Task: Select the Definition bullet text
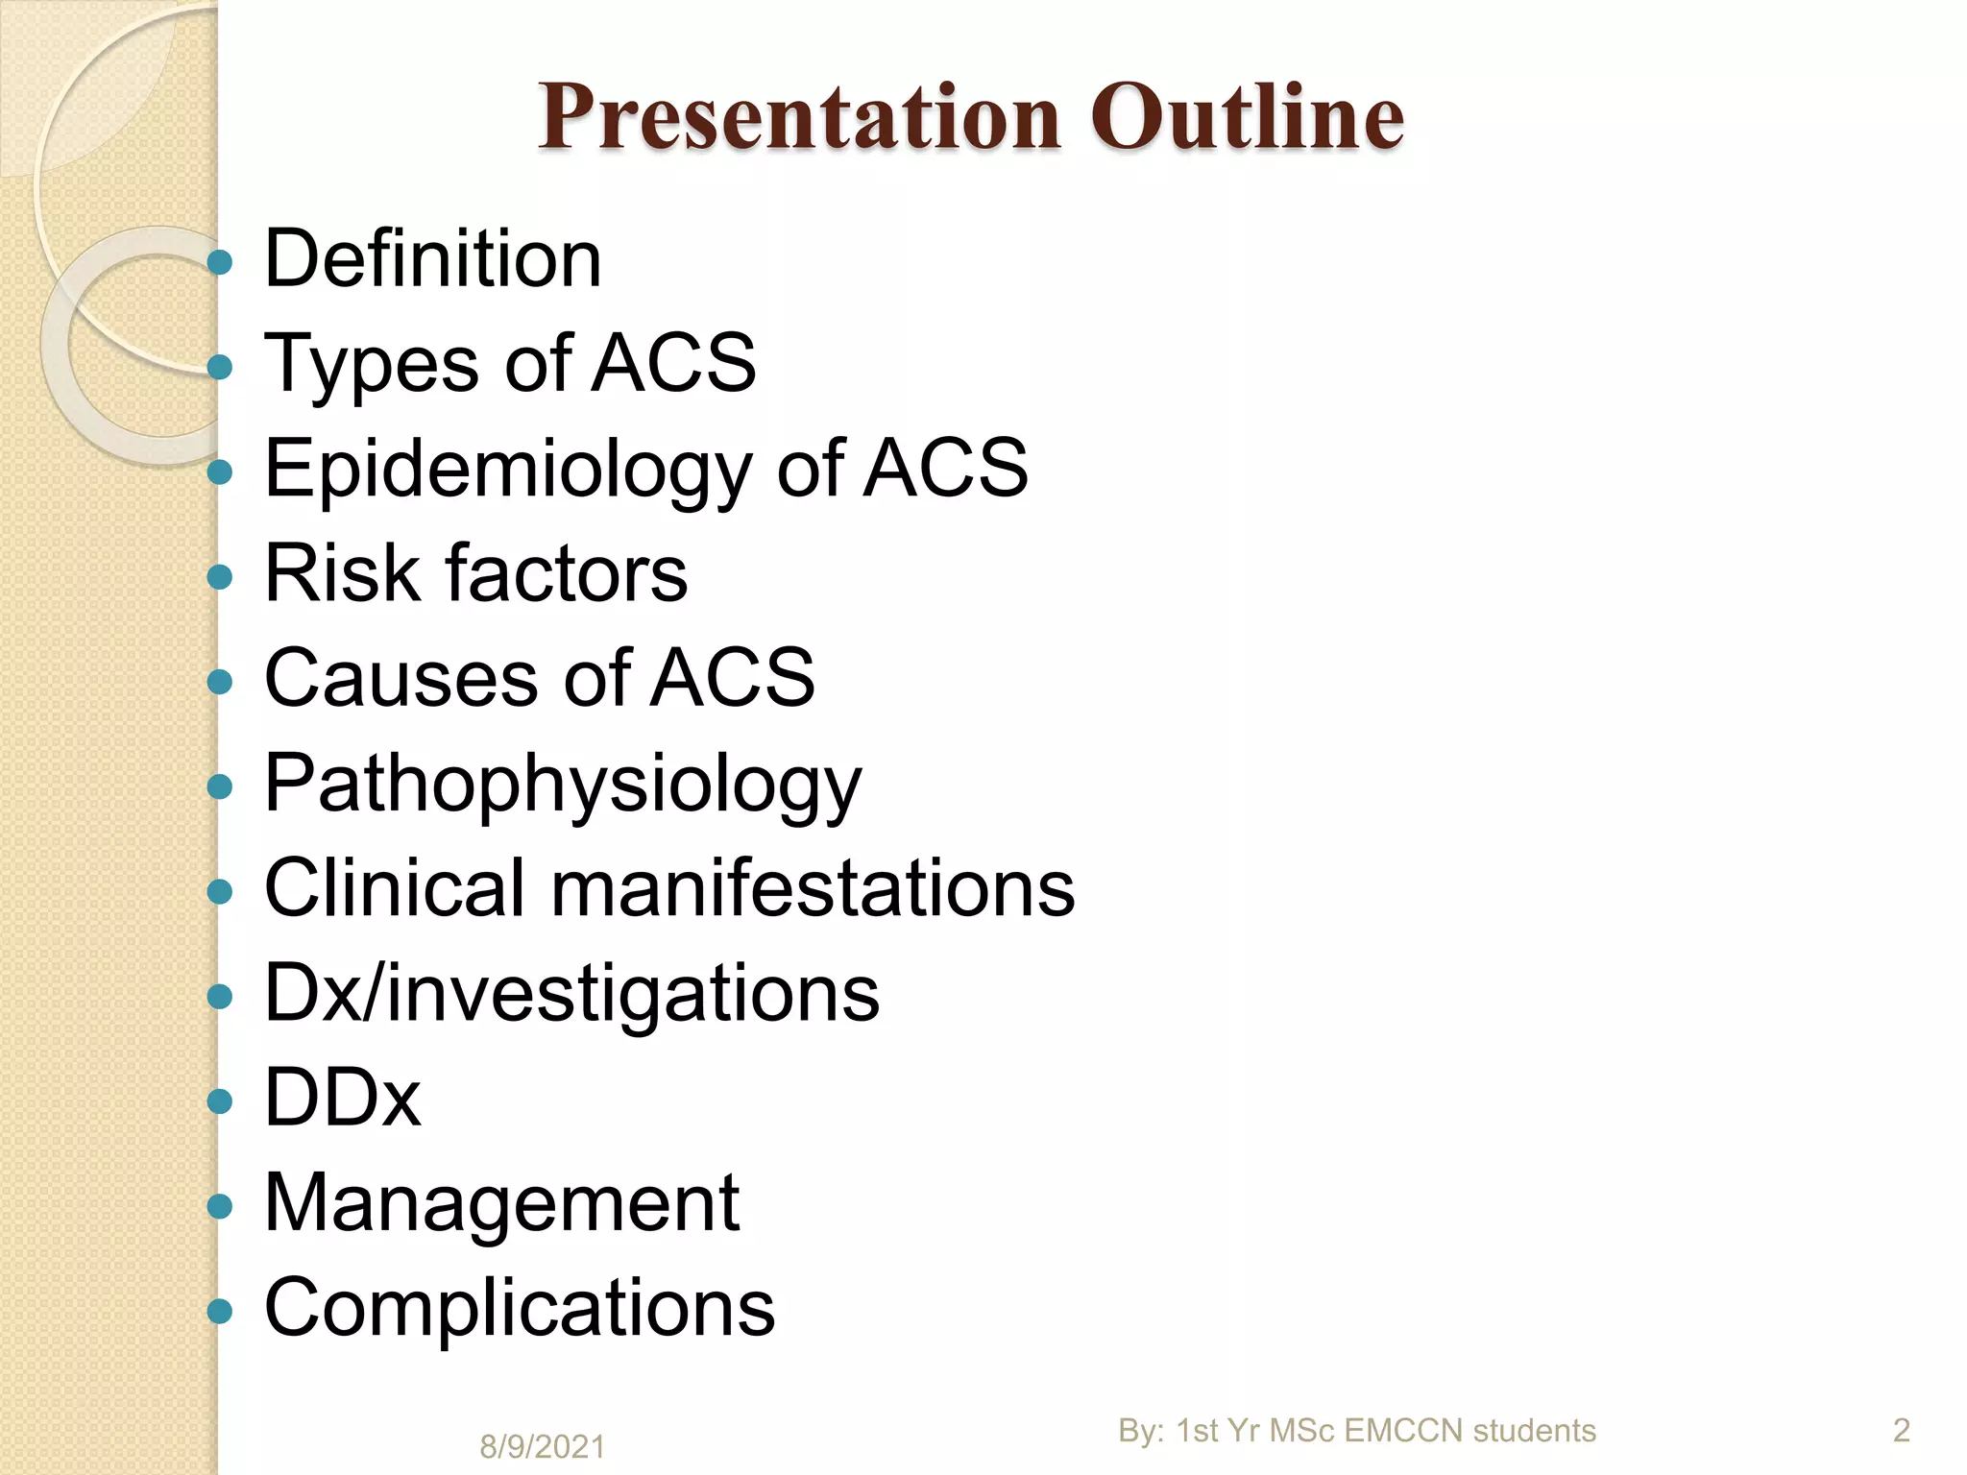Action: pyautogui.click(x=432, y=259)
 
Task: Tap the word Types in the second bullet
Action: pyautogui.click(x=371, y=365)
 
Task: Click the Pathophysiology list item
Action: pyautogui.click(x=563, y=786)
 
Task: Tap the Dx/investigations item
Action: pyautogui.click(x=571, y=994)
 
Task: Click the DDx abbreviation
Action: pyautogui.click(x=342, y=1099)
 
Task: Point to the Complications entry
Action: pyautogui.click(x=519, y=1308)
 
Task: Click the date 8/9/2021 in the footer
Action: pyautogui.click(x=542, y=1446)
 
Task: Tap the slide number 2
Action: pyautogui.click(x=1901, y=1431)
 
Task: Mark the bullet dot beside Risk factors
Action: pyautogui.click(x=220, y=576)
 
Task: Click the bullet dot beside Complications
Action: pyautogui.click(x=220, y=1310)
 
